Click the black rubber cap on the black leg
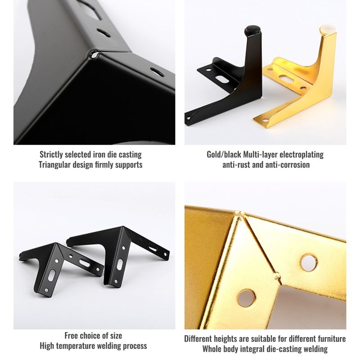pos(252,31)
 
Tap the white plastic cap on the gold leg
pos(327,30)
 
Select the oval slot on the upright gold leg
pos(286,78)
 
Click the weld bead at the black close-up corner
pos(94,54)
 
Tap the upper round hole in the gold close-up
pos(309,262)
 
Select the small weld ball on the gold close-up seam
pos(277,275)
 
